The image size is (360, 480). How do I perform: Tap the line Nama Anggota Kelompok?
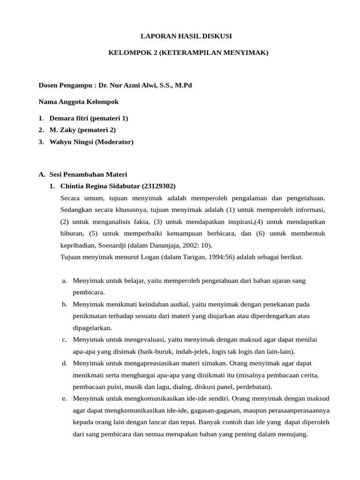(78, 102)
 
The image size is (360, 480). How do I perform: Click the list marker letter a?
(64, 281)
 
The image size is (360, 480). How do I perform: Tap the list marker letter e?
(64, 398)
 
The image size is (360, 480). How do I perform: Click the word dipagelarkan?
(92, 328)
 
